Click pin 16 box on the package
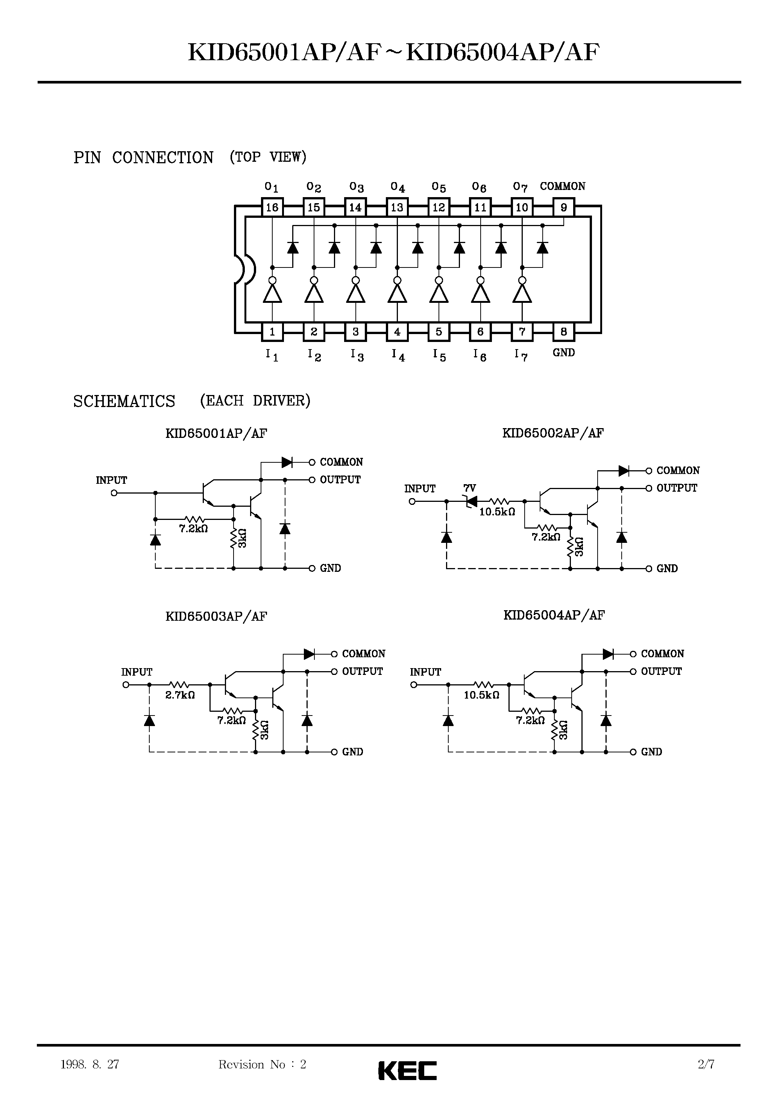[272, 207]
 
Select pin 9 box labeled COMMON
[563, 207]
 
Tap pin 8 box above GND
[563, 331]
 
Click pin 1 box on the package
[272, 331]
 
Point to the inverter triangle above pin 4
[397, 293]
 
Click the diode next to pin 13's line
[418, 247]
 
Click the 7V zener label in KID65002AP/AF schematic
[469, 488]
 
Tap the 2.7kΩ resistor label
[180, 695]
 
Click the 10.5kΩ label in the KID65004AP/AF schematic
[481, 695]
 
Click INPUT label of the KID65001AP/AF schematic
[111, 480]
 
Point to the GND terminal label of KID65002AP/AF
[667, 569]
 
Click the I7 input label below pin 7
[521, 355]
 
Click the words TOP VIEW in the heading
[268, 156]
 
